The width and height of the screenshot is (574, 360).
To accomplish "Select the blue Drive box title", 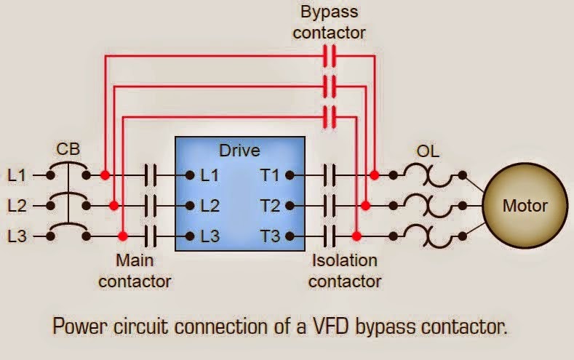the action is tap(240, 151).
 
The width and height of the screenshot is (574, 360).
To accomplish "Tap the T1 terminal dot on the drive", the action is tap(290, 175).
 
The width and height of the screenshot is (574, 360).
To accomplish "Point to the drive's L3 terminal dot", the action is tap(190, 236).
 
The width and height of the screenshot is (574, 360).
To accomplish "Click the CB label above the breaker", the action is tap(68, 149).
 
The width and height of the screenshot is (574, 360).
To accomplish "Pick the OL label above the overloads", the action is tap(428, 151).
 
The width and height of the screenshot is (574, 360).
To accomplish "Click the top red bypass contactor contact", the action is tap(330, 56).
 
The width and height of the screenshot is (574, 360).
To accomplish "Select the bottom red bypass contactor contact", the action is tap(330, 117).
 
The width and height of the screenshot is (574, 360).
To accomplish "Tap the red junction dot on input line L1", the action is tap(105, 175).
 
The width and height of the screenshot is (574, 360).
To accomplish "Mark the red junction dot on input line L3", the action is tap(123, 236).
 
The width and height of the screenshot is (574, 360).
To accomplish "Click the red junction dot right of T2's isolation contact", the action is tap(365, 206).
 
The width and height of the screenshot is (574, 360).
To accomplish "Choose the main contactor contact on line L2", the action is tap(150, 206).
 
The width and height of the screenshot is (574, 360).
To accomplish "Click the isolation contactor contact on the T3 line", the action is tap(330, 236).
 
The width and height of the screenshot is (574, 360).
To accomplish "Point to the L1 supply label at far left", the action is tap(17, 175).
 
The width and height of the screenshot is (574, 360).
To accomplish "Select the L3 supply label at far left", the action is tap(17, 236).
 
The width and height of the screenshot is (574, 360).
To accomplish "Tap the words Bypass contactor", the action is tap(329, 22).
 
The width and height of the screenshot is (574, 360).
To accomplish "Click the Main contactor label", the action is tap(135, 271).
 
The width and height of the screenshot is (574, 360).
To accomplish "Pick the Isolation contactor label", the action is tap(345, 271).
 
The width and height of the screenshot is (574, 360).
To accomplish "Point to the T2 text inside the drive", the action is tap(270, 206).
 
